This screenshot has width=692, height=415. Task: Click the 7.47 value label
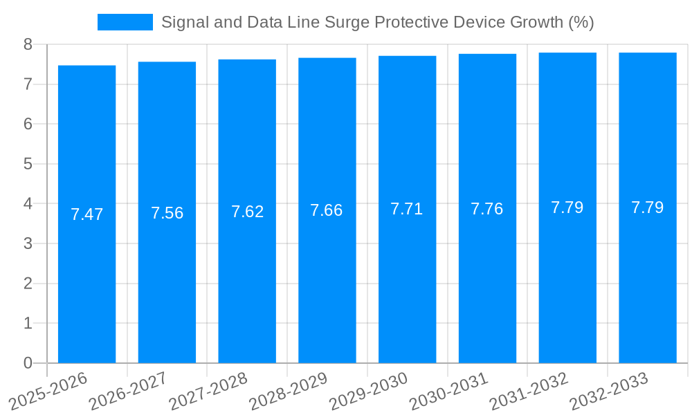[x=86, y=214]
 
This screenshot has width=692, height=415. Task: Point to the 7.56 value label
[x=167, y=213]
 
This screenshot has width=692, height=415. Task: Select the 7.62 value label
[x=247, y=212]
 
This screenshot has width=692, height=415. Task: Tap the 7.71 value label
[x=407, y=209]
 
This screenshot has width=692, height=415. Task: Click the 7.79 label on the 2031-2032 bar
[x=567, y=207]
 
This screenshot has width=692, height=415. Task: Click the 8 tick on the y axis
[x=28, y=44]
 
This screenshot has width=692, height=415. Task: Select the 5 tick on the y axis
[x=28, y=164]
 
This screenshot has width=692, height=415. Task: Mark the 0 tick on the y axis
[x=28, y=363]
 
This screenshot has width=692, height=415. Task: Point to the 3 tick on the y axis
[x=28, y=243]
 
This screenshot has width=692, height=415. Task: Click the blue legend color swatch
[x=125, y=22]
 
